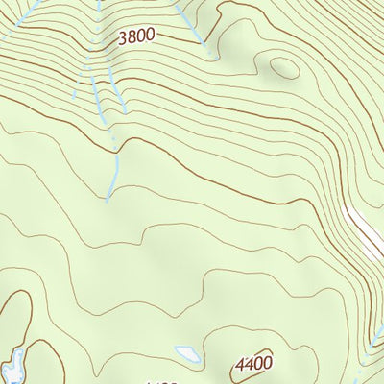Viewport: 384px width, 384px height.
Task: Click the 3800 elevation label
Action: pos(135,37)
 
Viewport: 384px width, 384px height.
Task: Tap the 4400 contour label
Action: pos(253,364)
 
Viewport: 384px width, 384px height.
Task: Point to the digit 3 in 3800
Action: pos(122,37)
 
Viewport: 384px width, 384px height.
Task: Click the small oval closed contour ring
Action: pos(282,67)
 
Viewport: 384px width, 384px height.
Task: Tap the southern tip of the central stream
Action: pos(108,199)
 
